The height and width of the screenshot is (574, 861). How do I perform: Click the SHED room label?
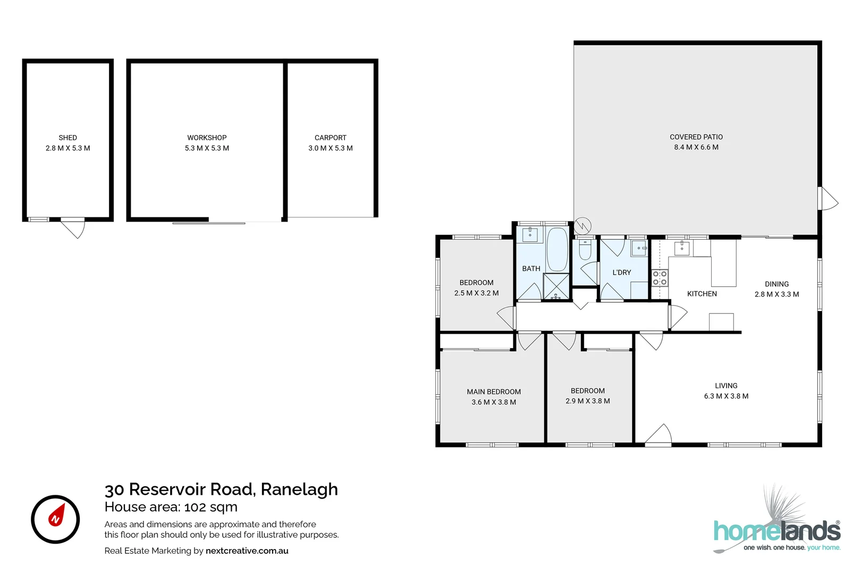67,138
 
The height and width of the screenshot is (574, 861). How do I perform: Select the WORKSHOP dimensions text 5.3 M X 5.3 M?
207,148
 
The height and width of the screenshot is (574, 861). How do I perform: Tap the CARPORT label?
330,138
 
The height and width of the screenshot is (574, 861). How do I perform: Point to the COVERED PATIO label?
696,137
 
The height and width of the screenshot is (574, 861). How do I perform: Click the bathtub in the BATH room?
557,249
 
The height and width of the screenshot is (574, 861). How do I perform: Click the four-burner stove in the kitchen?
660,278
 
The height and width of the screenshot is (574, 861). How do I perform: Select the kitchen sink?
681,248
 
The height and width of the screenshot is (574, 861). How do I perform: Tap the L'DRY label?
621,273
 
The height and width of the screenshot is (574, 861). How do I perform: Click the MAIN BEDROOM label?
494,392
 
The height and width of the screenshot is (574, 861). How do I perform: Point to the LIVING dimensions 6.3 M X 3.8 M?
726,396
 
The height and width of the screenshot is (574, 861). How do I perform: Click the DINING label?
776,284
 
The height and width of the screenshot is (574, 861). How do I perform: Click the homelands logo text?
776,531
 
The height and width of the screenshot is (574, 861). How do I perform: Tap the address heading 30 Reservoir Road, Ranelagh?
221,489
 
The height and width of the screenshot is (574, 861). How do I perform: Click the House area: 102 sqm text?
171,507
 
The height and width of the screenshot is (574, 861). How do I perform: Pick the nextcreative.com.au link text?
247,551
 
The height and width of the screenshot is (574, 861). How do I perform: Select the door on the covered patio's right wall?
828,199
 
